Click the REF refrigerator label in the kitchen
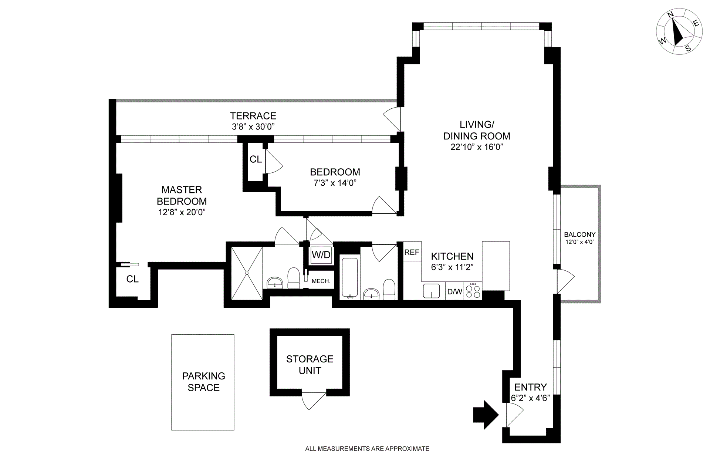point(412,252)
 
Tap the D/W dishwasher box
point(454,291)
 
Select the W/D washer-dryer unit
point(321,255)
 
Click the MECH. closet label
point(321,281)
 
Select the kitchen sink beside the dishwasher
point(432,291)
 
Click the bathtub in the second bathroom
point(349,278)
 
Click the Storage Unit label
point(310,365)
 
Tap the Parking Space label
point(203,382)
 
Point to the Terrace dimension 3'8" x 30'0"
point(253,127)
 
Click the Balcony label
point(580,234)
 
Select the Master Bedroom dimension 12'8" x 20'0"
point(182,212)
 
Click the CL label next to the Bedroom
point(256,159)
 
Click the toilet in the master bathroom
point(294,278)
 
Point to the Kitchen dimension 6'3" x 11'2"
point(452,267)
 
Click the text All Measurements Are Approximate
point(367,449)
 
